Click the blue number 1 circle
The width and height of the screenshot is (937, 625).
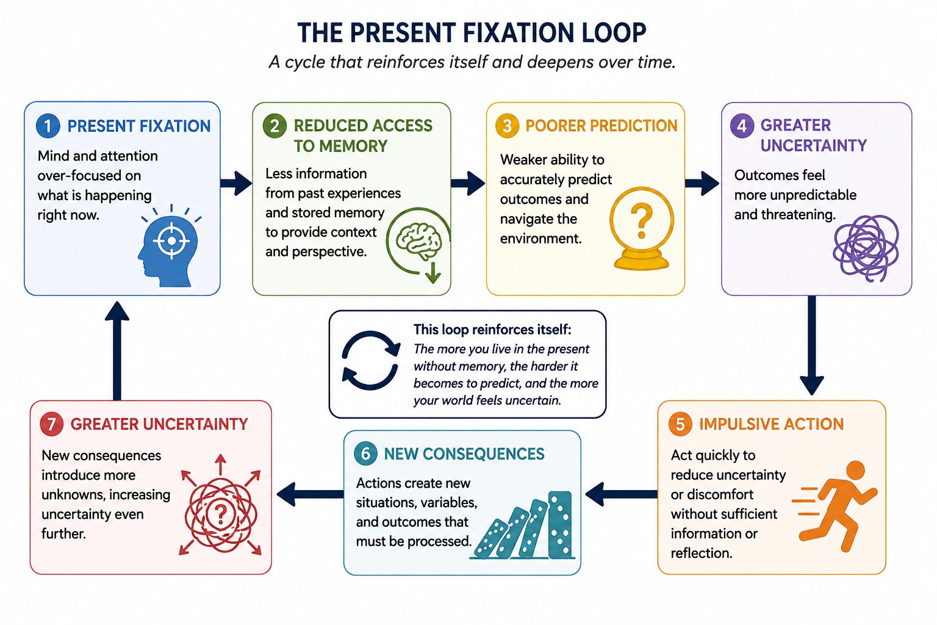click(x=48, y=126)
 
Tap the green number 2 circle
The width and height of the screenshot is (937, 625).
click(x=275, y=126)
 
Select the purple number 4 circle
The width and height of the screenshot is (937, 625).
click(x=742, y=125)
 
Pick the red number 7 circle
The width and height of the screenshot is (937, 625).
click(x=51, y=424)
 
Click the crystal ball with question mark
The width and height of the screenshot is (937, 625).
click(x=641, y=228)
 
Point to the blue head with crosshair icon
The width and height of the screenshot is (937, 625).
click(x=168, y=245)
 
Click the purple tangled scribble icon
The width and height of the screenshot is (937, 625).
click(x=866, y=248)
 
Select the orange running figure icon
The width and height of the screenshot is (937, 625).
click(x=835, y=506)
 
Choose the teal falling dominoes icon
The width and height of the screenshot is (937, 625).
click(x=523, y=525)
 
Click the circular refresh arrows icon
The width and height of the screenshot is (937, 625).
click(x=370, y=361)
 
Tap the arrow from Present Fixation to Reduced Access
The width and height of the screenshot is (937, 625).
click(x=236, y=183)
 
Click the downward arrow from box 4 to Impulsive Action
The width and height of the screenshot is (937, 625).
click(x=812, y=345)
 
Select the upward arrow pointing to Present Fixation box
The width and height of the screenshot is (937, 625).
click(x=117, y=351)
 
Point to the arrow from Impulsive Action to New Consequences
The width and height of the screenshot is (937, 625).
click(x=621, y=494)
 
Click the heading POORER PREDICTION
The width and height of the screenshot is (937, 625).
click(x=601, y=126)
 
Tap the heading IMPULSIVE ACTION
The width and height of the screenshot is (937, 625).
click(x=771, y=424)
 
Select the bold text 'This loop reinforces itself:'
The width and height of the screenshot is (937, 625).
click(x=492, y=330)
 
